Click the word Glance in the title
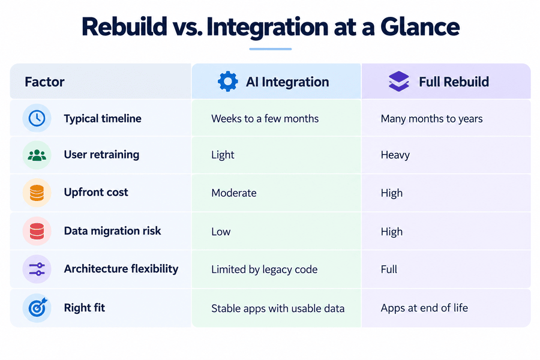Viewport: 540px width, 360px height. (x=420, y=27)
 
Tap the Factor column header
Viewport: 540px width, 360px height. (x=44, y=82)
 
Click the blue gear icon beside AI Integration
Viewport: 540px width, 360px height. (x=227, y=82)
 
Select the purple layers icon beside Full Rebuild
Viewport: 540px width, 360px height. (x=399, y=82)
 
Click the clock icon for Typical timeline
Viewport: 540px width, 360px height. (x=37, y=118)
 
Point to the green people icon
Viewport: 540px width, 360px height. (x=37, y=155)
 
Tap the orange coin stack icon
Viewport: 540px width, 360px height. (x=37, y=193)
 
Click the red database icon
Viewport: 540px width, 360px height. (x=37, y=231)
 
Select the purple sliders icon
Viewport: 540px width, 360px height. (x=37, y=269)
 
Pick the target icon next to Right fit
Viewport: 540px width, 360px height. (x=37, y=308)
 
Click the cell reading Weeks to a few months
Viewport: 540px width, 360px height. (x=265, y=119)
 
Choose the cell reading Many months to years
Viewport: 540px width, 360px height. (x=431, y=119)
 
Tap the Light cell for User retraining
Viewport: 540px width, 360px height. (x=223, y=155)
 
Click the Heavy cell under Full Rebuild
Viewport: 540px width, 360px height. (x=395, y=155)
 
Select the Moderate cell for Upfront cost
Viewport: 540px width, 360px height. (x=234, y=193)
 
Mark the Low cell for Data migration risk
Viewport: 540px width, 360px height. (x=221, y=232)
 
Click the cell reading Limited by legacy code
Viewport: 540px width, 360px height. (x=265, y=269)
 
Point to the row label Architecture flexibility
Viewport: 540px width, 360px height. (x=121, y=269)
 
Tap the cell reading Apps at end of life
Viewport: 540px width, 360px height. (x=424, y=308)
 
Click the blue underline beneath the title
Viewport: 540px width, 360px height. (x=271, y=49)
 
